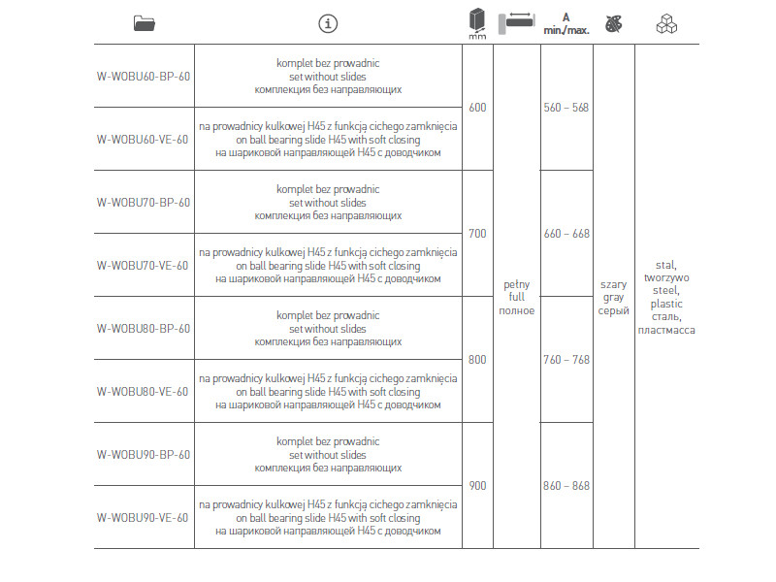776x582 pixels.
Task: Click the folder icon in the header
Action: [x=144, y=23]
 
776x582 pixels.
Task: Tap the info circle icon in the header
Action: [x=328, y=23]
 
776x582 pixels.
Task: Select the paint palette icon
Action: [x=612, y=23]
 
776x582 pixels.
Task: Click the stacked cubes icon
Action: [x=666, y=23]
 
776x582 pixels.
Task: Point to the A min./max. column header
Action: [x=566, y=23]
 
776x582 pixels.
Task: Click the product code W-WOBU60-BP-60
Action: [x=144, y=76]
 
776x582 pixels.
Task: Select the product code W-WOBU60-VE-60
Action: [x=143, y=139]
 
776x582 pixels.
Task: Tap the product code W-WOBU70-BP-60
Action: [x=144, y=203]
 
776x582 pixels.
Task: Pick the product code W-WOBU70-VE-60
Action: [x=143, y=265]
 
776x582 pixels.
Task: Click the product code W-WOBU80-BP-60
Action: [x=144, y=329]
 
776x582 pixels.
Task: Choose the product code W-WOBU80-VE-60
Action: [x=143, y=391]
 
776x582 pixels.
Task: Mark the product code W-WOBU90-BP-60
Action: [x=144, y=455]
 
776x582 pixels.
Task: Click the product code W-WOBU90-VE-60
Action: [x=143, y=517]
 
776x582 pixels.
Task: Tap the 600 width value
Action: [x=477, y=108]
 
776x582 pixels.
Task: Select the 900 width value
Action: [x=477, y=486]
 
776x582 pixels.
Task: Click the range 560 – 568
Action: [x=566, y=108]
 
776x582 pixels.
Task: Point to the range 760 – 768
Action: [x=566, y=360]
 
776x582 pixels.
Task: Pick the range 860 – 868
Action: [x=566, y=486]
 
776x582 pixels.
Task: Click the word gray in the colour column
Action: [x=613, y=298]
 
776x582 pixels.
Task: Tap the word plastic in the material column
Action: [x=666, y=304]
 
